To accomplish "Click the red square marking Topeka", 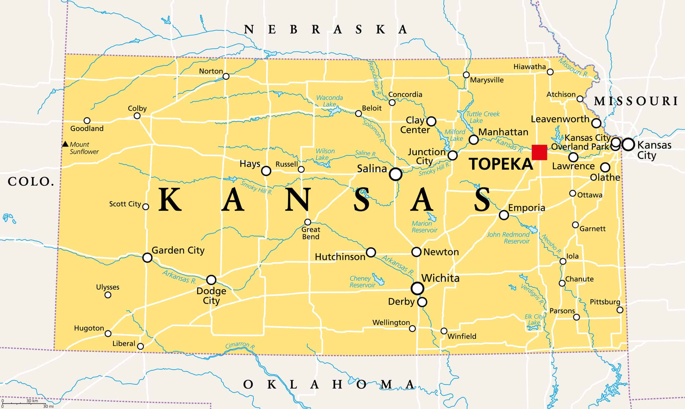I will [x=539, y=152].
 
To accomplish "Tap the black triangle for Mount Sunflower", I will [x=65, y=144].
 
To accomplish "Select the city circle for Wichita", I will [x=417, y=288].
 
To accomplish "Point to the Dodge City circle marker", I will [x=211, y=279].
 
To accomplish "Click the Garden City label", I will [x=178, y=250].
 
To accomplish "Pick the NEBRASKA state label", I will [x=326, y=30].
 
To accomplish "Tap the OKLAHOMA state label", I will [x=329, y=384].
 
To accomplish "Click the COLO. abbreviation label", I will [x=31, y=182].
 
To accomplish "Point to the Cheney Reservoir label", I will [x=362, y=282].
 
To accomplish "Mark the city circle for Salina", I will [x=395, y=174].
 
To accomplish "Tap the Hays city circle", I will [x=266, y=170].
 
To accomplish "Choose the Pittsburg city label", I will [x=605, y=302].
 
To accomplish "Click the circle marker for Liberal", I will [x=140, y=346].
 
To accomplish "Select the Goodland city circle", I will [x=87, y=120].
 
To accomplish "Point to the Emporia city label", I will [x=527, y=208].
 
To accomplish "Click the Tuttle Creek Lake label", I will [x=483, y=117].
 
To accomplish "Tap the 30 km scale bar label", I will [x=32, y=401].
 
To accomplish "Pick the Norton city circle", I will [x=226, y=76].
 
